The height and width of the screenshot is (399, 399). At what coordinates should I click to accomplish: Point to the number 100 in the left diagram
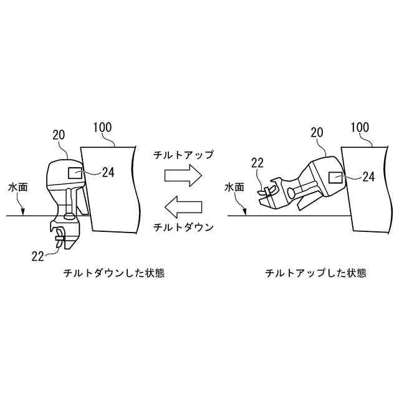pyautogui.click(x=102, y=128)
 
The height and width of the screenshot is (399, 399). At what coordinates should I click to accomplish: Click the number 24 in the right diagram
pyautogui.click(x=368, y=177)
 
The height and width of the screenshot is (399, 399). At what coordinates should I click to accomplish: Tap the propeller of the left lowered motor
pyautogui.click(x=60, y=237)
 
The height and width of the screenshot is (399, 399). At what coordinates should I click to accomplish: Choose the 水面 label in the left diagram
pyautogui.click(x=17, y=186)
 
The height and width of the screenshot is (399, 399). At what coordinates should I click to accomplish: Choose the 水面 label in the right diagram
pyautogui.click(x=236, y=186)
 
